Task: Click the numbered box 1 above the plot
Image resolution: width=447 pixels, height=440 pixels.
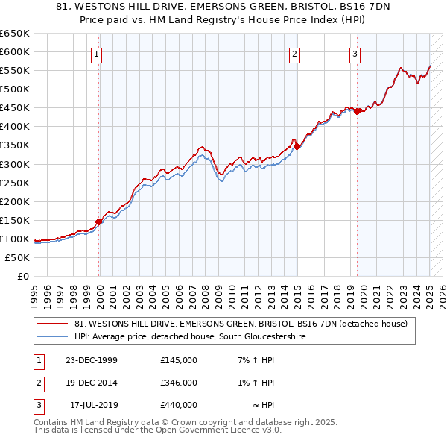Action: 98,53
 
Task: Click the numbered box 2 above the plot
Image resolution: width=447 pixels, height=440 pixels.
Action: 295,53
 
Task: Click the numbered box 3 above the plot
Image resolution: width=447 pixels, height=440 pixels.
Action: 355,53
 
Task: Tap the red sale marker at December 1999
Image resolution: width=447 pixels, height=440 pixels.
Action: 99,221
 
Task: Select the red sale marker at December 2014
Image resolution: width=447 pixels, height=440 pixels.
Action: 297,147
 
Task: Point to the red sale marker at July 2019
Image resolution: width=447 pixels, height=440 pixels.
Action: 357,112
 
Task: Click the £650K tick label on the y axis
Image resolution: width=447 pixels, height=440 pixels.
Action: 15,34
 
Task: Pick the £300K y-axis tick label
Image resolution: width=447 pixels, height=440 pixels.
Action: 15,164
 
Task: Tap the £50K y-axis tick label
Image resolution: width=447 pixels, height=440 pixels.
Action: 18,257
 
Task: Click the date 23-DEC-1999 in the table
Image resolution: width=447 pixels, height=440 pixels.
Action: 92,360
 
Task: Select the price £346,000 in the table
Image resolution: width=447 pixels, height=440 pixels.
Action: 179,383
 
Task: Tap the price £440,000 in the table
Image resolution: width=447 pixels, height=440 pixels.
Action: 179,405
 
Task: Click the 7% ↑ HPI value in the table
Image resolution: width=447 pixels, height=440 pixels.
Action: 256,360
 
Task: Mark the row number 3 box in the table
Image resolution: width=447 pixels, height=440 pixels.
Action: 37,405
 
